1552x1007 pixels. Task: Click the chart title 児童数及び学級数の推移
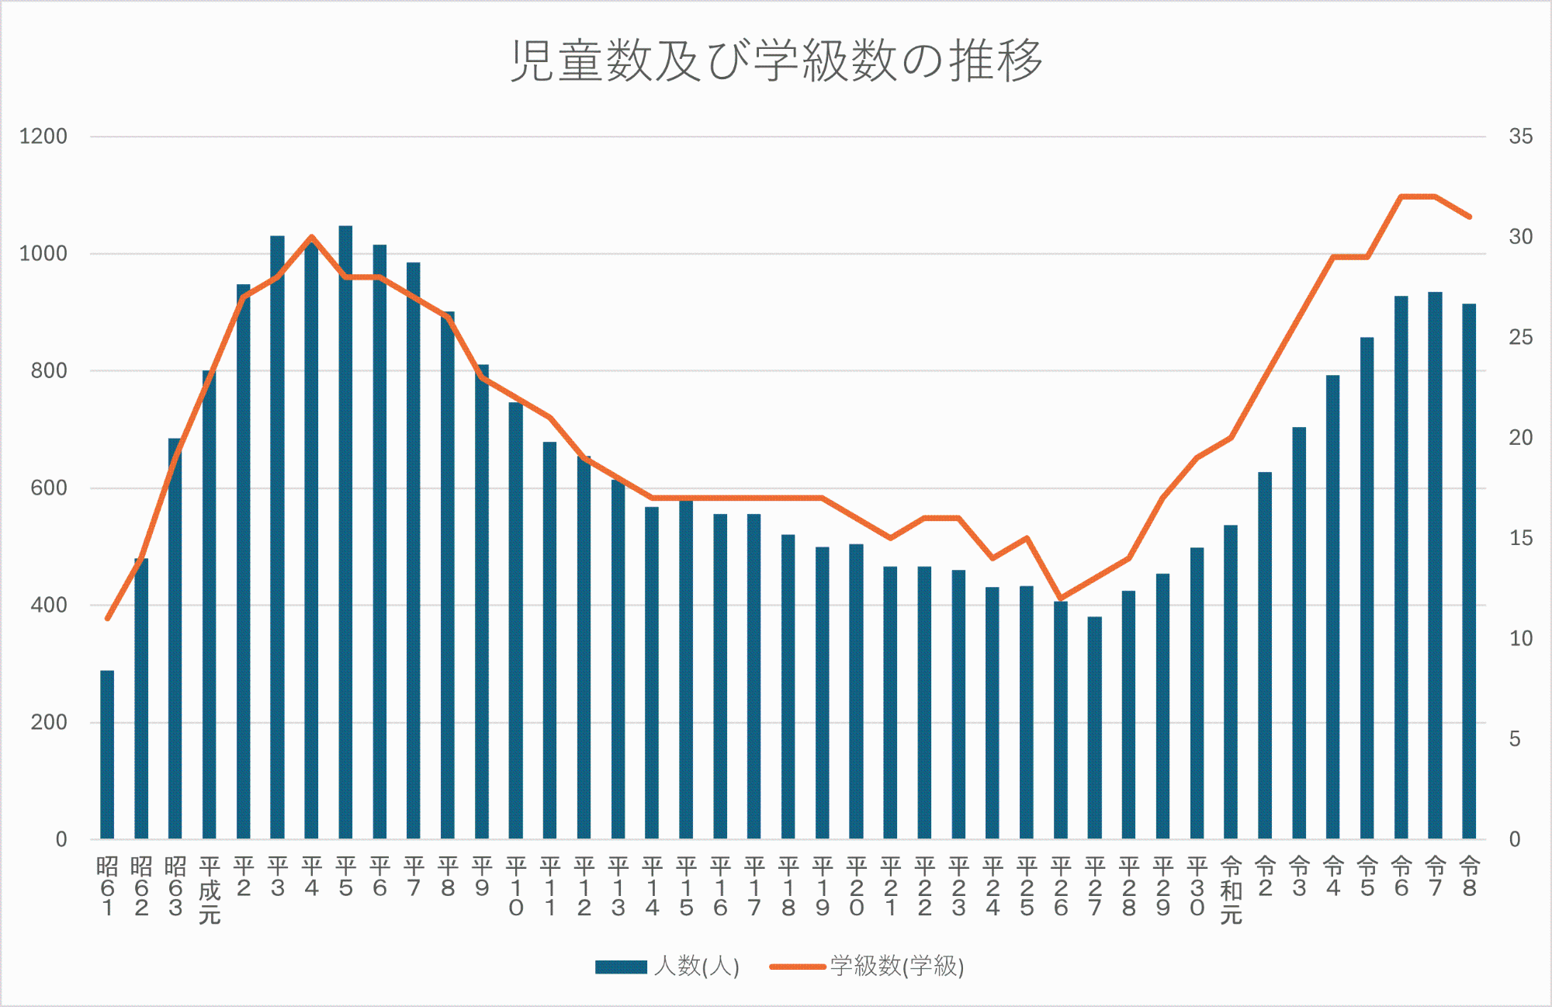(x=776, y=60)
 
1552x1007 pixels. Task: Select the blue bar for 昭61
(x=107, y=753)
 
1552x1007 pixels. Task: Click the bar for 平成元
(x=210, y=606)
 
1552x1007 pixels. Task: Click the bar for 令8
(x=1469, y=571)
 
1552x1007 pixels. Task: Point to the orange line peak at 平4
(x=311, y=237)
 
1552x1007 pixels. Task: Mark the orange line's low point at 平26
(x=1061, y=599)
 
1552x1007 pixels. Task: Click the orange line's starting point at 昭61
(x=107, y=619)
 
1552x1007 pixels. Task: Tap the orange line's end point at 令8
(x=1469, y=217)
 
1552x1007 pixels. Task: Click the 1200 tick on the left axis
(x=43, y=137)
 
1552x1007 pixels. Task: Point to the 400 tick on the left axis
(x=49, y=605)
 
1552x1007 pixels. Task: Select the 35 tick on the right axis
(x=1521, y=137)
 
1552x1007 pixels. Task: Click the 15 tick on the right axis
(x=1521, y=538)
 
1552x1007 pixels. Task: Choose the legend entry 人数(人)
(x=667, y=967)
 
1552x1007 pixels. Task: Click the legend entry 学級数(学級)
(x=867, y=967)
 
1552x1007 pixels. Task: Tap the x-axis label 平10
(x=516, y=887)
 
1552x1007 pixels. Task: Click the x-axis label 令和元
(x=1231, y=891)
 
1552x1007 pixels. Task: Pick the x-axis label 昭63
(x=175, y=887)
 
